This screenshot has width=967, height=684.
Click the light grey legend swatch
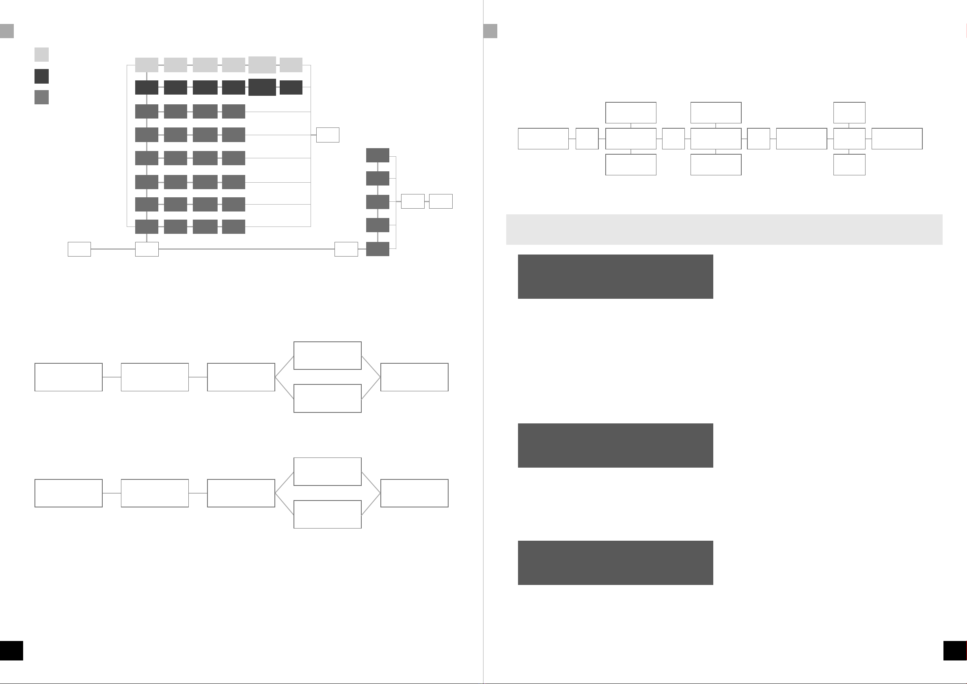coord(41,54)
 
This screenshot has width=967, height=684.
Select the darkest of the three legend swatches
coord(41,76)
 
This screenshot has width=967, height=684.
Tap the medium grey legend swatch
coord(41,97)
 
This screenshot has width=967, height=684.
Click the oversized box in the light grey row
coord(262,65)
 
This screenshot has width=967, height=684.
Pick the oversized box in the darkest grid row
coord(262,87)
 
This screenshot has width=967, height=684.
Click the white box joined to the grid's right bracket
coord(328,135)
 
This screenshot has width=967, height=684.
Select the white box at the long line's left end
coord(79,249)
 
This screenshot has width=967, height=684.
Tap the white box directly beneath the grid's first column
coord(147,249)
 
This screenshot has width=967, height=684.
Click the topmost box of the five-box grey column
coord(378,155)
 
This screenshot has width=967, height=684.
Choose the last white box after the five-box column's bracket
coord(440,201)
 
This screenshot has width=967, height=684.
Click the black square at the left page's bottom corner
coord(11,651)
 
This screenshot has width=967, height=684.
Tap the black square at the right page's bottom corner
coord(955,651)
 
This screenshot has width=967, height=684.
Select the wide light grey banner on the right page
coord(724,229)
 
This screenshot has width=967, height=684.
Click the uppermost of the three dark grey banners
coord(615,276)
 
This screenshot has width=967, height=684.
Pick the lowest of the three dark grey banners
coord(615,563)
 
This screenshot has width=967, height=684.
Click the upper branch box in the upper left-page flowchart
coord(327,356)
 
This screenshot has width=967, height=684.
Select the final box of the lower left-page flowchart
coord(414,493)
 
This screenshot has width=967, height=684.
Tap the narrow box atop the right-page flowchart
coord(849,112)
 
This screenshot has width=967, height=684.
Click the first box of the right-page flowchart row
coord(543,138)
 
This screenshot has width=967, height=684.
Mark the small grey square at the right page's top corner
coord(490,31)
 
